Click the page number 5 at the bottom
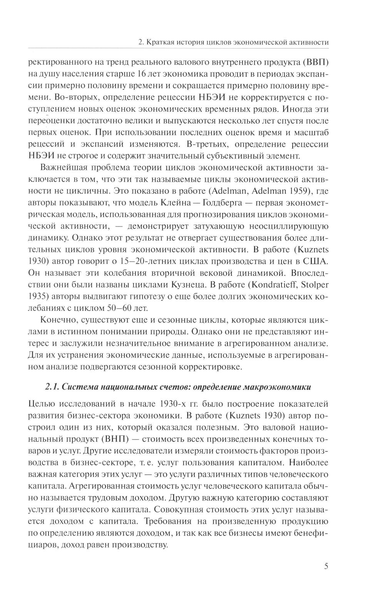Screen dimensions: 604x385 click(x=326, y=566)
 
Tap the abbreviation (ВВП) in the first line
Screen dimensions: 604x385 click(x=315, y=63)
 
